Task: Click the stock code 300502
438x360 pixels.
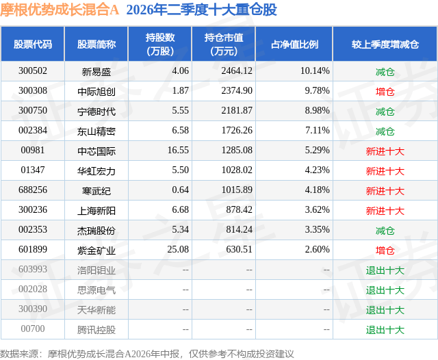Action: tap(33, 71)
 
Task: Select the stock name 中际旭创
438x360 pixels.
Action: tap(96, 91)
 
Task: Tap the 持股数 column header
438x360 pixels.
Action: tap(160, 44)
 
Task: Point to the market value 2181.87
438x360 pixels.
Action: tap(237, 111)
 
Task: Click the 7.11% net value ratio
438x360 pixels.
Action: tap(318, 131)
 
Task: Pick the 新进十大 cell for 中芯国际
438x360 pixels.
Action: tap(385, 151)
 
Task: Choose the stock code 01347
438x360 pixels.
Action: tap(33, 170)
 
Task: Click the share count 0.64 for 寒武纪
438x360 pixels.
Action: tap(180, 190)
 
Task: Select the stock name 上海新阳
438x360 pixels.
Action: tap(96, 211)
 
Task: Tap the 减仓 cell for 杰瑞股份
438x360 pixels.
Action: tap(385, 231)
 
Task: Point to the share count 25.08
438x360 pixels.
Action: tap(178, 249)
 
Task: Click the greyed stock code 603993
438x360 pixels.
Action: tap(33, 269)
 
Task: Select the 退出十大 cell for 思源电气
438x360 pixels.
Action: tap(385, 290)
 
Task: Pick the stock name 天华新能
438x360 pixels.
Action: tap(96, 310)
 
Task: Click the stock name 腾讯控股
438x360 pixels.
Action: tap(96, 330)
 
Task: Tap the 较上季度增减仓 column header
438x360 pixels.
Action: tap(385, 44)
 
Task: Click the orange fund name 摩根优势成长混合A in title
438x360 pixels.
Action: tap(60, 10)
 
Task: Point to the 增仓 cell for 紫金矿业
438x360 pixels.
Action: tap(385, 250)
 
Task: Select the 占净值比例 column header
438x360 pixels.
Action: tap(294, 44)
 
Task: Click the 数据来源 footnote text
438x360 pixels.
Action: tap(147, 354)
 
